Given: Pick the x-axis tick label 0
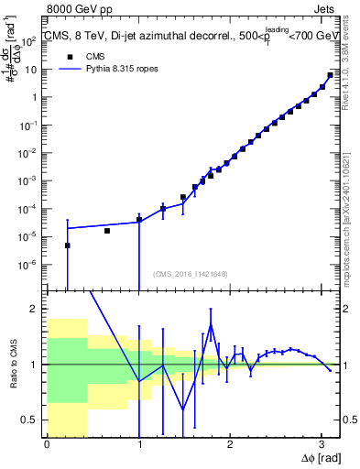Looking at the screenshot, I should tap(47, 444).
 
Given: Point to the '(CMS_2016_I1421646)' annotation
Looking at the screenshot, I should tap(191, 273).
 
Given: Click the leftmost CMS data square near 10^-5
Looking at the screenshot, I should tap(67, 245).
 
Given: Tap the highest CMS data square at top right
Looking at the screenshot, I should tap(330, 75).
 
